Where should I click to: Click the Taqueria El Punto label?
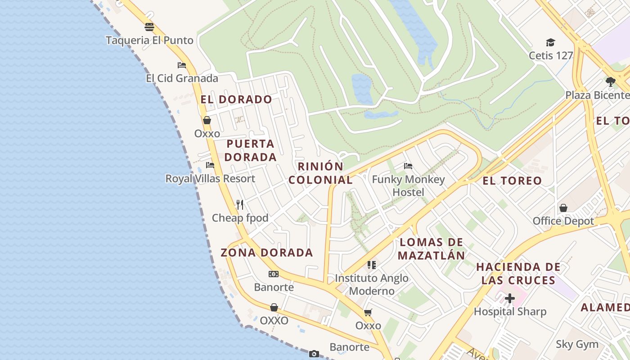click(x=149, y=40)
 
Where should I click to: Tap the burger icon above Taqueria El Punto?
click(x=149, y=27)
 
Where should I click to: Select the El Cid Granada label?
click(x=182, y=78)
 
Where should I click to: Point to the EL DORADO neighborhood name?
click(x=236, y=99)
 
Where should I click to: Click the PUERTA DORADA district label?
click(x=250, y=150)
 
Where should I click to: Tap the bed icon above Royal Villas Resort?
click(x=210, y=165)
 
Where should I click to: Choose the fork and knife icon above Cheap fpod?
click(x=240, y=205)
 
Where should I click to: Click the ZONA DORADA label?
click(x=266, y=252)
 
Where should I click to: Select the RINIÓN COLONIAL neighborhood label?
click(x=320, y=173)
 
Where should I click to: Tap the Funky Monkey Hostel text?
click(x=408, y=186)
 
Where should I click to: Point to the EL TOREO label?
click(x=512, y=181)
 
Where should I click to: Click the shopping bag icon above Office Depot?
click(x=563, y=208)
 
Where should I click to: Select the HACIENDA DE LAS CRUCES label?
click(x=518, y=274)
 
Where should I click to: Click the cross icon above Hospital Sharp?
click(x=509, y=298)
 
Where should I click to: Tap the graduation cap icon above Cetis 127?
click(x=550, y=43)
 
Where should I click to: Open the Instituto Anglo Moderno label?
click(x=372, y=284)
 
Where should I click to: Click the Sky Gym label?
click(x=577, y=345)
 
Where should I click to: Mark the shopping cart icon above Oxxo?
click(x=368, y=312)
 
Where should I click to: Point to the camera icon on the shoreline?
click(x=314, y=354)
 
